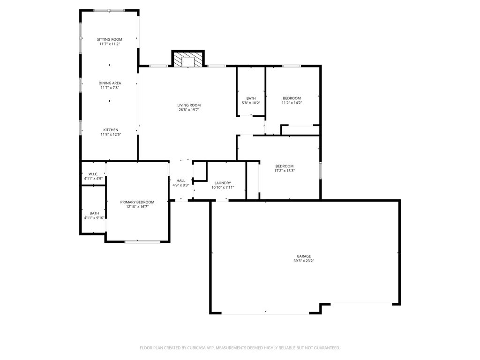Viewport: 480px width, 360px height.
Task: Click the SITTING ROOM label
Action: (110, 39)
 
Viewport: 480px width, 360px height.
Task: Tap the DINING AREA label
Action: (110, 83)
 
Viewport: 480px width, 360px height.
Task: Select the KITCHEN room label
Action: (110, 130)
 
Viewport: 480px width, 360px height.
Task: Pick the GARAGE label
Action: (304, 256)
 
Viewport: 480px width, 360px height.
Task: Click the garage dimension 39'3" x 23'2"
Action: (304, 261)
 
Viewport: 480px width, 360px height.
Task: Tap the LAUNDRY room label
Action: (223, 183)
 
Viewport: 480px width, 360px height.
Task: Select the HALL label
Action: (181, 180)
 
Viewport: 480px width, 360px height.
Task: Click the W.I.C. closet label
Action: (93, 174)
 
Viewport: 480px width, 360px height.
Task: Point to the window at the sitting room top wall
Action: (109, 10)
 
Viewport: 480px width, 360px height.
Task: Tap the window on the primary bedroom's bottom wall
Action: (142, 241)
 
